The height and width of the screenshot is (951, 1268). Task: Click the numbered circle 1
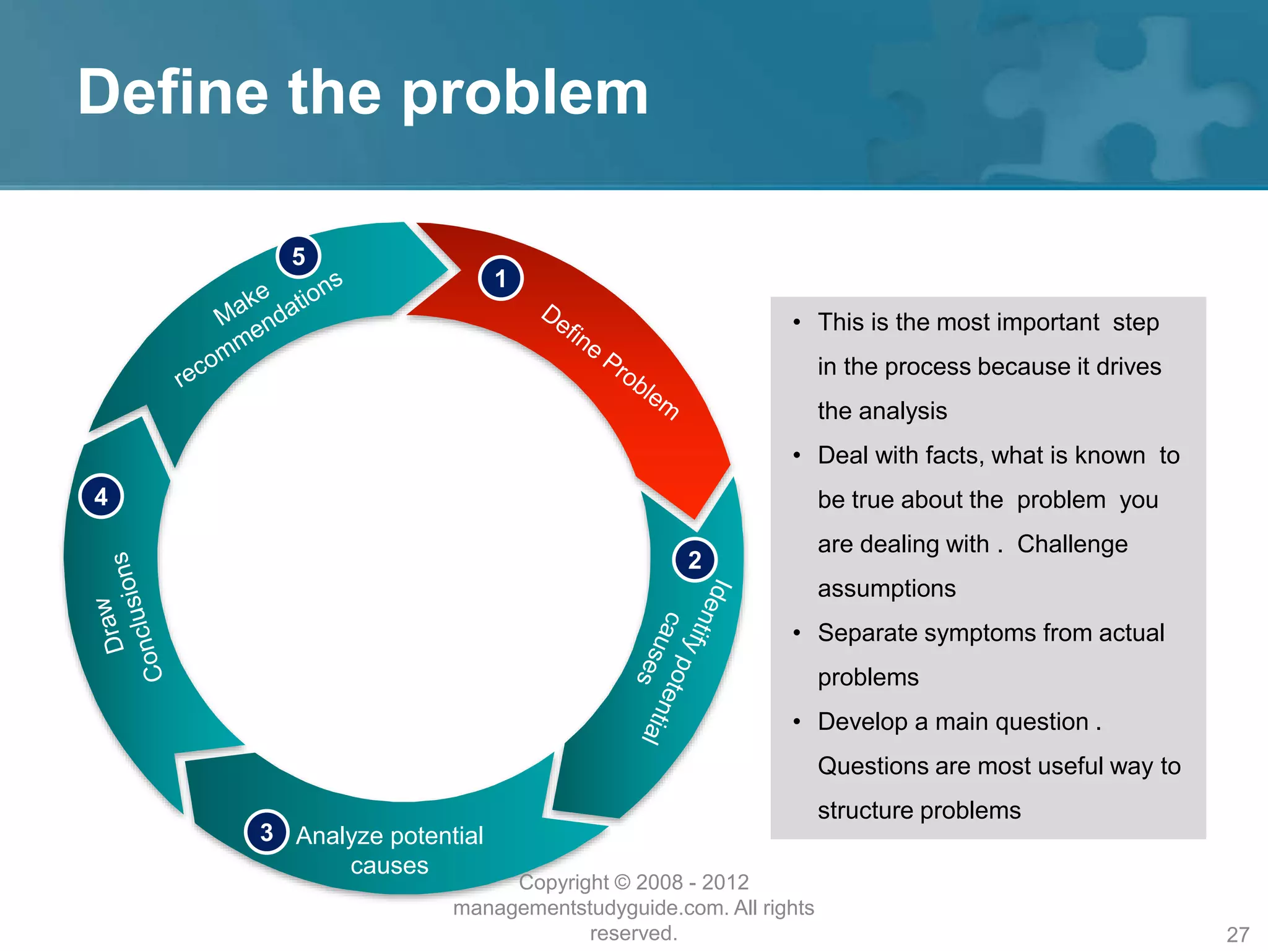[x=500, y=279]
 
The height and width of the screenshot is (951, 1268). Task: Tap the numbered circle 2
[x=694, y=560]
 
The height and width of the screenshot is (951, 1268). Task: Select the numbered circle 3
[x=266, y=832]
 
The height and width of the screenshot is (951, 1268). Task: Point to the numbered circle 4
[x=101, y=497]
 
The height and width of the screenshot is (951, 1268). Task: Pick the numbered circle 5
[x=298, y=256]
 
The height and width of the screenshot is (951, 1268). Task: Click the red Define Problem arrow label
[x=610, y=362]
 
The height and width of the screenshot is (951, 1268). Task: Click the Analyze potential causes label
[x=389, y=849]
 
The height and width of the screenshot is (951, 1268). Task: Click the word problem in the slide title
[x=525, y=93]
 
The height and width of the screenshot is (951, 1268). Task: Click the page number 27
[x=1238, y=934]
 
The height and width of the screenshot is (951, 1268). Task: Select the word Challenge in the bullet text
[x=1072, y=544]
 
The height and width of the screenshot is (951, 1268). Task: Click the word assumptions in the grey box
[x=886, y=589]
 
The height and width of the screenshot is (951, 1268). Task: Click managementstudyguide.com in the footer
[x=589, y=908]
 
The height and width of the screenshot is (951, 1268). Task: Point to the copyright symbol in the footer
[x=623, y=882]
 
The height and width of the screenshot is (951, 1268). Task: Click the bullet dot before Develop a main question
[x=797, y=722]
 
